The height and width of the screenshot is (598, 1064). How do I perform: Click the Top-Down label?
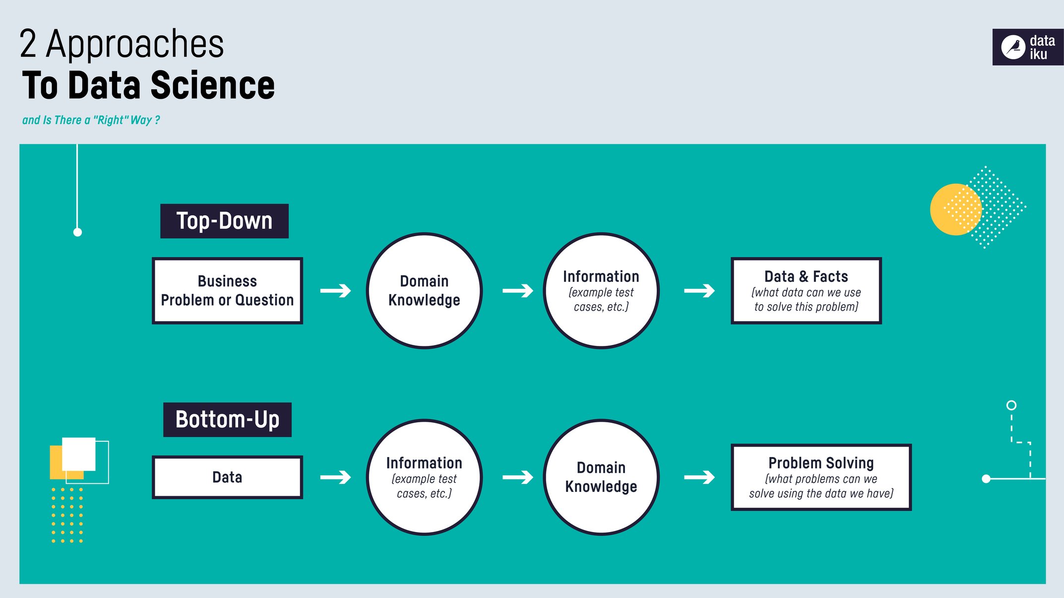coord(224,221)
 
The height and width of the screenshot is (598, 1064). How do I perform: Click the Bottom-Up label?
coord(227,420)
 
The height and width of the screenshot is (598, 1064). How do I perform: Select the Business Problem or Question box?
coord(227,291)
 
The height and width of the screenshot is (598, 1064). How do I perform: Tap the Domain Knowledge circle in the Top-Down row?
coord(424,291)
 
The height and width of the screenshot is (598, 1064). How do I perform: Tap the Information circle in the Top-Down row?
coord(601,291)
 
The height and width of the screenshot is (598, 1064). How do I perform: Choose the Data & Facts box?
coord(806,291)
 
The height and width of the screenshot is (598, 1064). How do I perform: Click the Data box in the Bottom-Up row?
coord(227,477)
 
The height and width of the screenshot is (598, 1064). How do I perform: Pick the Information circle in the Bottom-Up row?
coord(424,477)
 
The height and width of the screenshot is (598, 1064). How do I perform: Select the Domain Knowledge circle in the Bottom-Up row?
coord(601,477)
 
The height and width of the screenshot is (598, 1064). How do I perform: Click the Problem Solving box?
coord(821,477)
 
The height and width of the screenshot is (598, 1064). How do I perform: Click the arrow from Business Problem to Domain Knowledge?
coord(336,291)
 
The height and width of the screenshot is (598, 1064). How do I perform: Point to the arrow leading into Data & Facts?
coord(699,291)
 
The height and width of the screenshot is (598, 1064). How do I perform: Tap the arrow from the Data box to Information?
coord(336,477)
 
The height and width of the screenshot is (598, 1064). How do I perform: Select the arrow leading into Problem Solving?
coord(699,477)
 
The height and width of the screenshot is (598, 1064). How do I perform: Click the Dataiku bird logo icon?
coord(1013,48)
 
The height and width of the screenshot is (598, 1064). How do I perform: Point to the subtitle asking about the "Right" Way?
coord(91,120)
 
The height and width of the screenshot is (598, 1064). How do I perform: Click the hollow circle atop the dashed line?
coord(1011,405)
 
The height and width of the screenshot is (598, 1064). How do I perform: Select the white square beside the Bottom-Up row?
coord(78,454)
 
